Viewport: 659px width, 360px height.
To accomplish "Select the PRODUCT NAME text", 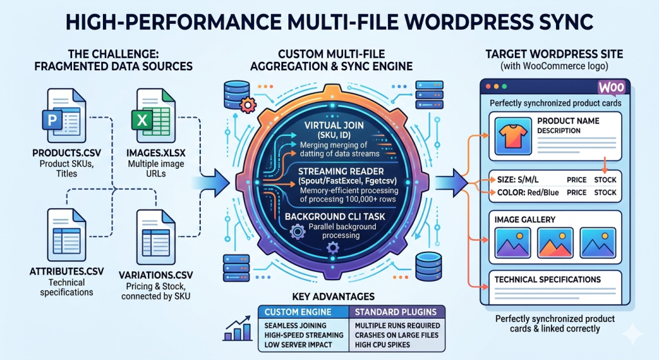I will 568,120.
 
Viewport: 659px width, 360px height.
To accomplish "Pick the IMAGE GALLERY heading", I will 525,220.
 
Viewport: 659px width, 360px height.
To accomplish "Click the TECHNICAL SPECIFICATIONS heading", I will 547,279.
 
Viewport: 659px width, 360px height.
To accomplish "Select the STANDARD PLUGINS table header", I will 393,312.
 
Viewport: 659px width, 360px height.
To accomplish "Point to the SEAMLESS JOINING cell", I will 297,325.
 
